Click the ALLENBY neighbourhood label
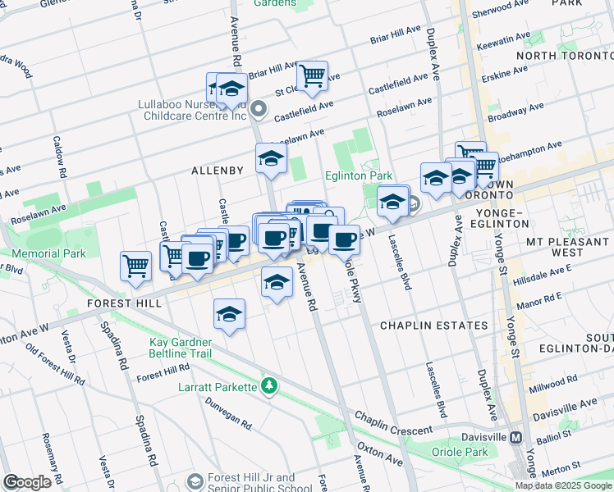218,171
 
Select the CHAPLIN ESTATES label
433,326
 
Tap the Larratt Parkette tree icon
268,385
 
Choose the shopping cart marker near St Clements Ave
312,76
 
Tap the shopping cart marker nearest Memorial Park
135,265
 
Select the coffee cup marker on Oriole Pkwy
344,239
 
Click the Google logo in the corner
27,482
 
